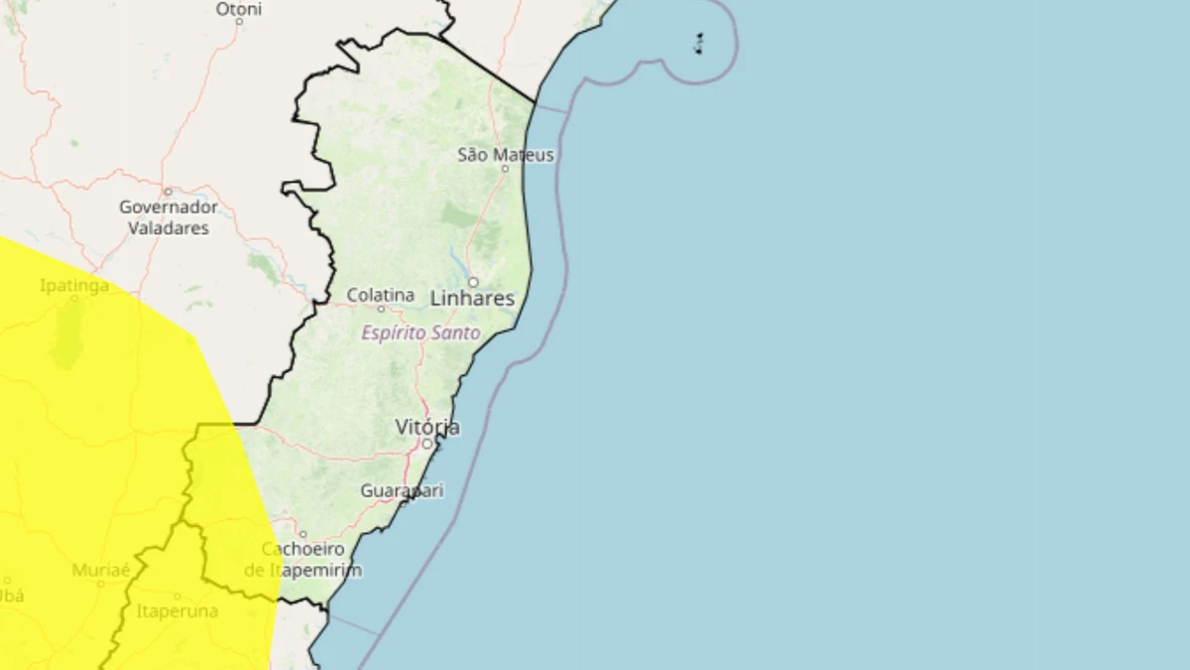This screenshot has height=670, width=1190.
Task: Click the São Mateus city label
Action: [x=506, y=155]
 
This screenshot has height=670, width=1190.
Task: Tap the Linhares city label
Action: [x=472, y=298]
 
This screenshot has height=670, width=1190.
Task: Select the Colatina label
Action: [x=380, y=295]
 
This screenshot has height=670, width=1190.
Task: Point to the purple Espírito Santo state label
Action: [x=420, y=334]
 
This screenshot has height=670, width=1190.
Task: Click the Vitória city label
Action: [x=427, y=427]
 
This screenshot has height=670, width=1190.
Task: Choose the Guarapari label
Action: [x=402, y=490]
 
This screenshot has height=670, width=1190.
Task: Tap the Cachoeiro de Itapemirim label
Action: [x=302, y=560]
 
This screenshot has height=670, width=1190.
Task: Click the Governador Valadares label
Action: [x=169, y=217]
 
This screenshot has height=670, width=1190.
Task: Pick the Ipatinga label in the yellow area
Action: [x=74, y=286]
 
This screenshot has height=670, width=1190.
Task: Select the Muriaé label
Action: [x=101, y=570]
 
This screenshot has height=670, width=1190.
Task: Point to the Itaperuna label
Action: [x=177, y=610]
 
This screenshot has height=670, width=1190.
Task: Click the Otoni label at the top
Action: [x=239, y=9]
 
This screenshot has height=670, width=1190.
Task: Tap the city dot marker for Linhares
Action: [x=473, y=282]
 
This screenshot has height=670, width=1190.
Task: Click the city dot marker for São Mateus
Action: [x=505, y=169]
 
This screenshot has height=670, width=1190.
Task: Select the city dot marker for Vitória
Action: [x=427, y=444]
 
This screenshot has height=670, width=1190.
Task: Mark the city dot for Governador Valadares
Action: [x=168, y=192]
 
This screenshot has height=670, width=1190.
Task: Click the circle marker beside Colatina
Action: [x=380, y=308]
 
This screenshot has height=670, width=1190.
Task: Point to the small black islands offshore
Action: [x=699, y=43]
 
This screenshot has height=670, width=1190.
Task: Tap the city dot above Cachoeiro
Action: [x=302, y=534]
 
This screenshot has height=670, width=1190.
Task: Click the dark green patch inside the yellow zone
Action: [x=68, y=333]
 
